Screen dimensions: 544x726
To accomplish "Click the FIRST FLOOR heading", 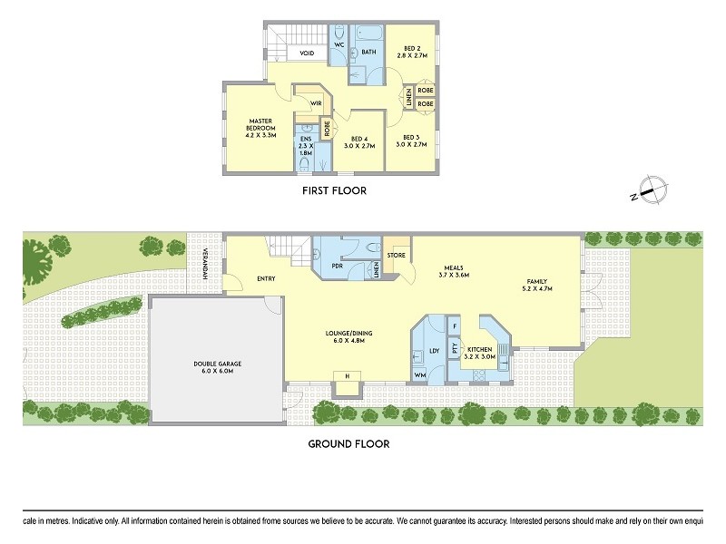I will click(x=335, y=191).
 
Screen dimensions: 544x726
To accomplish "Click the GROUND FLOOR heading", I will click(x=348, y=444).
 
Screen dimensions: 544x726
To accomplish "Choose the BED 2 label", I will click(x=411, y=51).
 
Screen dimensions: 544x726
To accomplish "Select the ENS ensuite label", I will click(x=305, y=141).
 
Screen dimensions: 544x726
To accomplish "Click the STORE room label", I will click(x=396, y=256).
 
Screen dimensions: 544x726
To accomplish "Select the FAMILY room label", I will click(x=537, y=285).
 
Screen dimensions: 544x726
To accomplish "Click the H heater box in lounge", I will click(x=346, y=375).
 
